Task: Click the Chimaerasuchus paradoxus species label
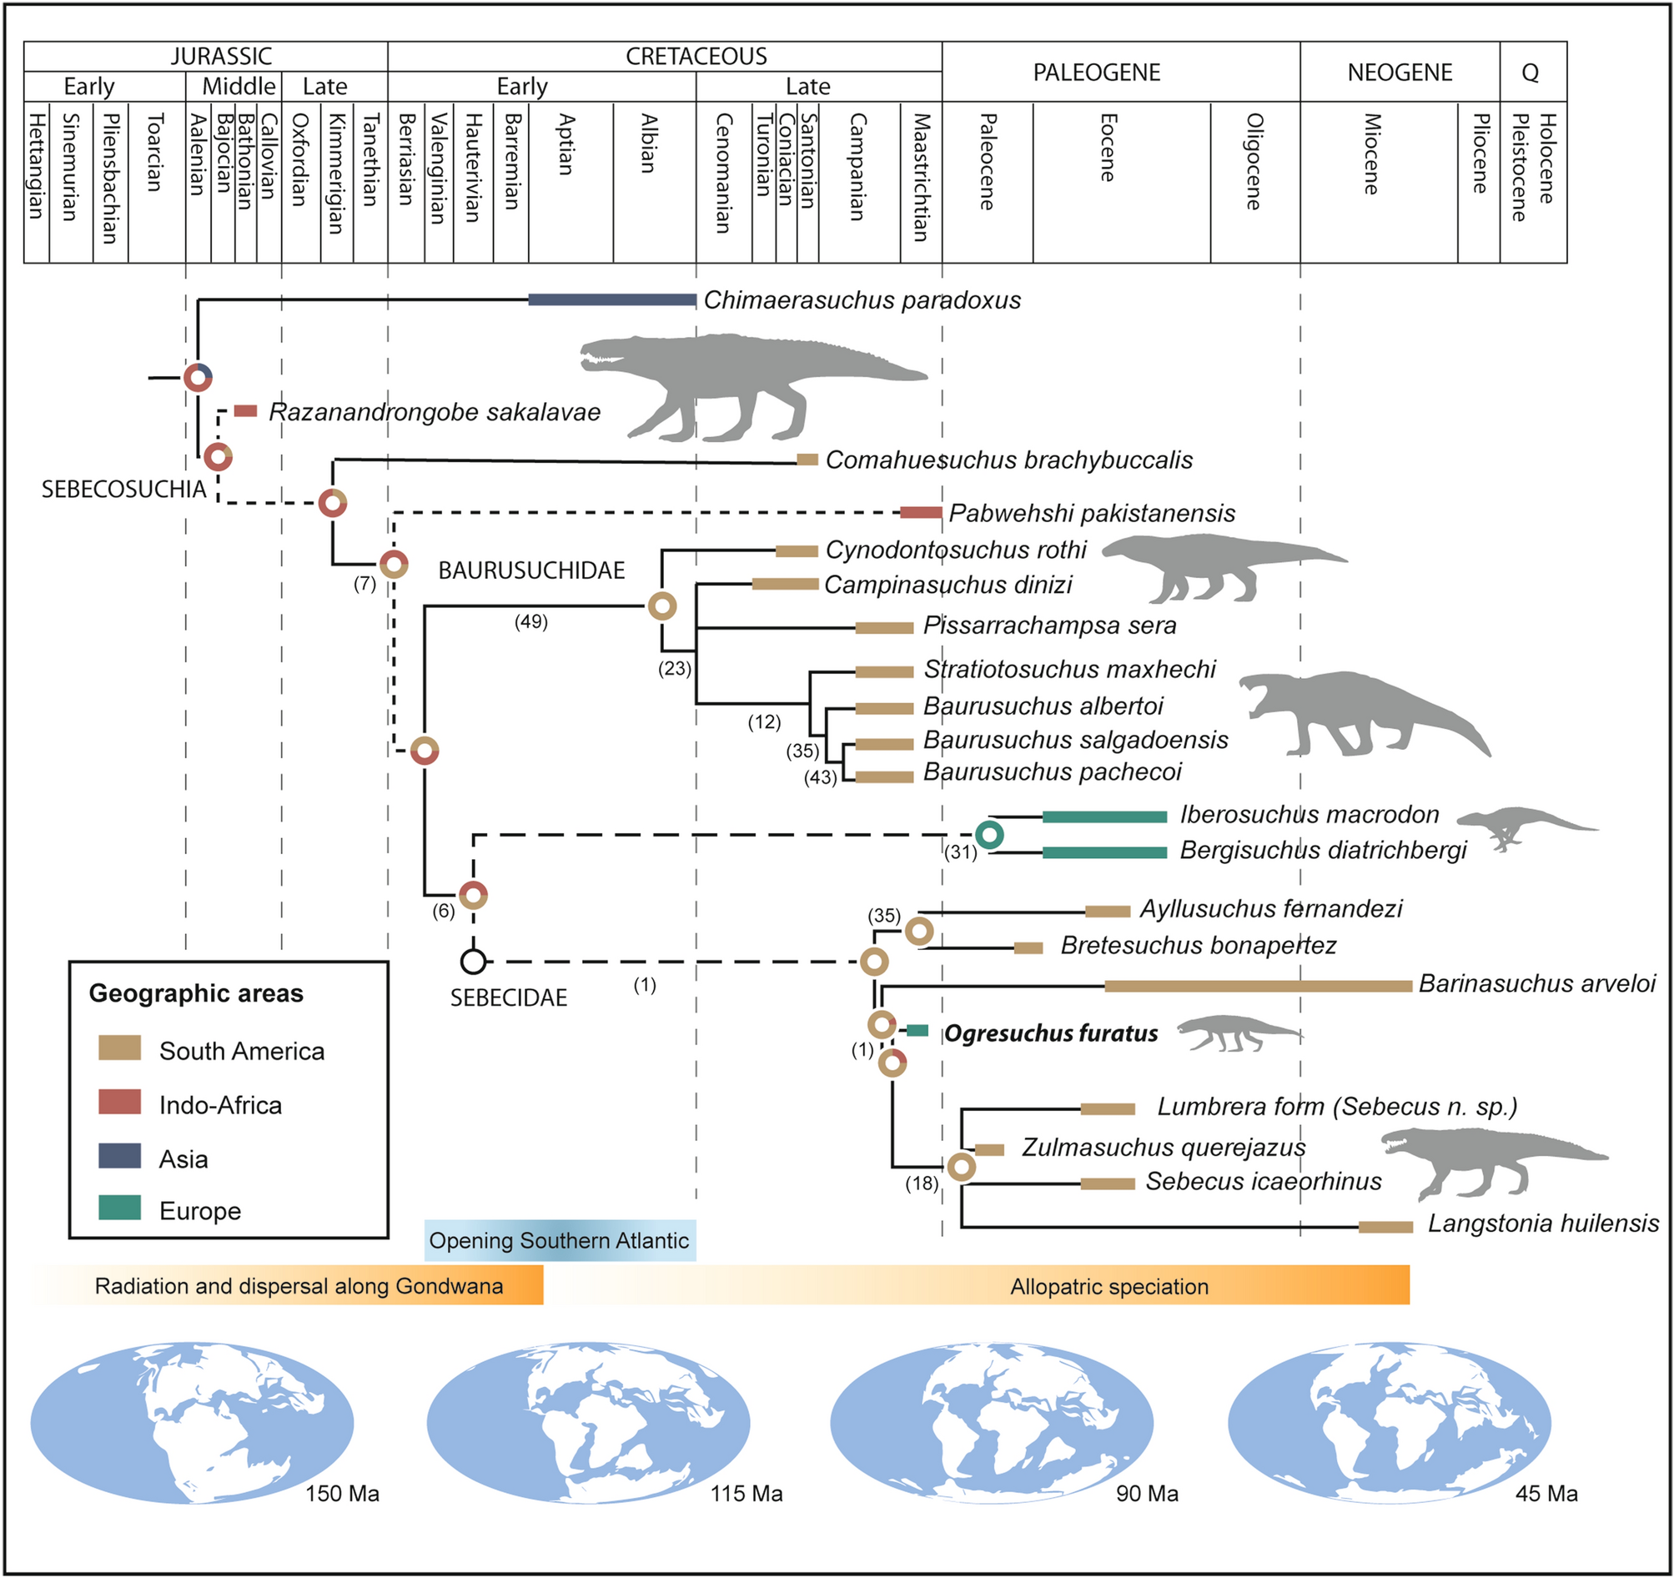[x=862, y=300]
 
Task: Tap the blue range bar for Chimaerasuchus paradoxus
[x=612, y=299]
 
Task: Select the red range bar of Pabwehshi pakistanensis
[x=920, y=513]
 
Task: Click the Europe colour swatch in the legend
[x=119, y=1209]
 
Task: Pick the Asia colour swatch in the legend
[x=119, y=1156]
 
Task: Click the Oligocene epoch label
[x=1254, y=162]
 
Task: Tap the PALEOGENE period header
[x=1096, y=73]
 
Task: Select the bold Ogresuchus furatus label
[x=1050, y=1033]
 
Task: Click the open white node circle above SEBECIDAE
[x=473, y=961]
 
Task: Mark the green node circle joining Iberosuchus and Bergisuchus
[x=989, y=835]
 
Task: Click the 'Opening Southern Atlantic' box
[x=559, y=1240]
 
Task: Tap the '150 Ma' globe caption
[x=342, y=1493]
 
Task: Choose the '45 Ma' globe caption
[x=1546, y=1493]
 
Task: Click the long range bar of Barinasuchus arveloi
[x=1258, y=986]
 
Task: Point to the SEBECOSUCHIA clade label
[x=123, y=490]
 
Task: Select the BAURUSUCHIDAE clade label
[x=531, y=571]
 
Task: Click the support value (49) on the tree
[x=531, y=621]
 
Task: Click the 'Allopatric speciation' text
[x=1109, y=1287]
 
